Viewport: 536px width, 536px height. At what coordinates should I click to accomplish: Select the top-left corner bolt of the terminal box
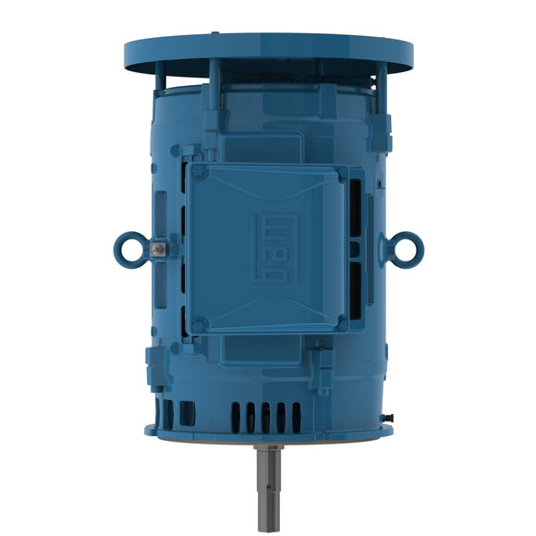coord(196,172)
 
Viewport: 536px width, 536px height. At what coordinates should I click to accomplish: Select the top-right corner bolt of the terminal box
coord(343,173)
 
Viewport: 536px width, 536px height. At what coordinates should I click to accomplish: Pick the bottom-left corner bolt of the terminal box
coord(197,324)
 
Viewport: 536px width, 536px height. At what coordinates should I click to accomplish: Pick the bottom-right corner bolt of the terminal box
coord(342,323)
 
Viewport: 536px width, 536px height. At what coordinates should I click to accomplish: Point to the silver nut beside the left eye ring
coord(160,247)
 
